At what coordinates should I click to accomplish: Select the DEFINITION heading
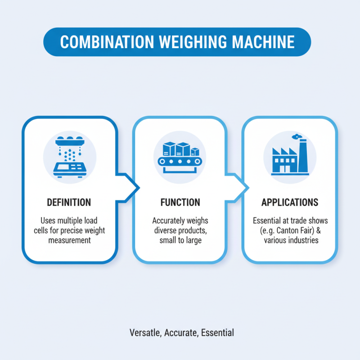69,202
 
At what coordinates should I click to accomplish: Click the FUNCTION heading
180,202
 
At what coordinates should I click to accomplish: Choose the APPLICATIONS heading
290,202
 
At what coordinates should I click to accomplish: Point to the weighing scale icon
69,157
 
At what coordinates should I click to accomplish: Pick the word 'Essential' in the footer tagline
217,333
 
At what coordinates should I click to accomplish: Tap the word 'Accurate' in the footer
182,333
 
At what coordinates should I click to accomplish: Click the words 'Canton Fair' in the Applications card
298,231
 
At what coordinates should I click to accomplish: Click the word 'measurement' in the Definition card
70,240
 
